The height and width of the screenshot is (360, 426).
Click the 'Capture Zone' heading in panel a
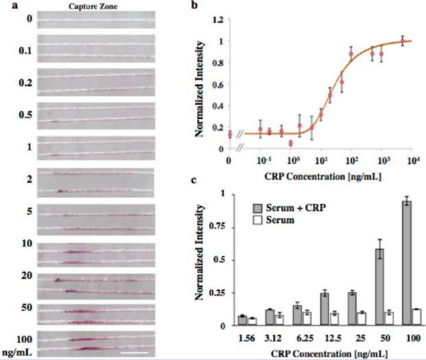tap(97, 6)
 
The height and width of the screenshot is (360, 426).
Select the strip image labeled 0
tap(97, 20)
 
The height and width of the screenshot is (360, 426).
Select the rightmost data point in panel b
tap(402, 42)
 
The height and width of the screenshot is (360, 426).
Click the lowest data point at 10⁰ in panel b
tap(291, 143)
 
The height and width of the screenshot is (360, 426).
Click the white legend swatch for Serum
tap(257, 221)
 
